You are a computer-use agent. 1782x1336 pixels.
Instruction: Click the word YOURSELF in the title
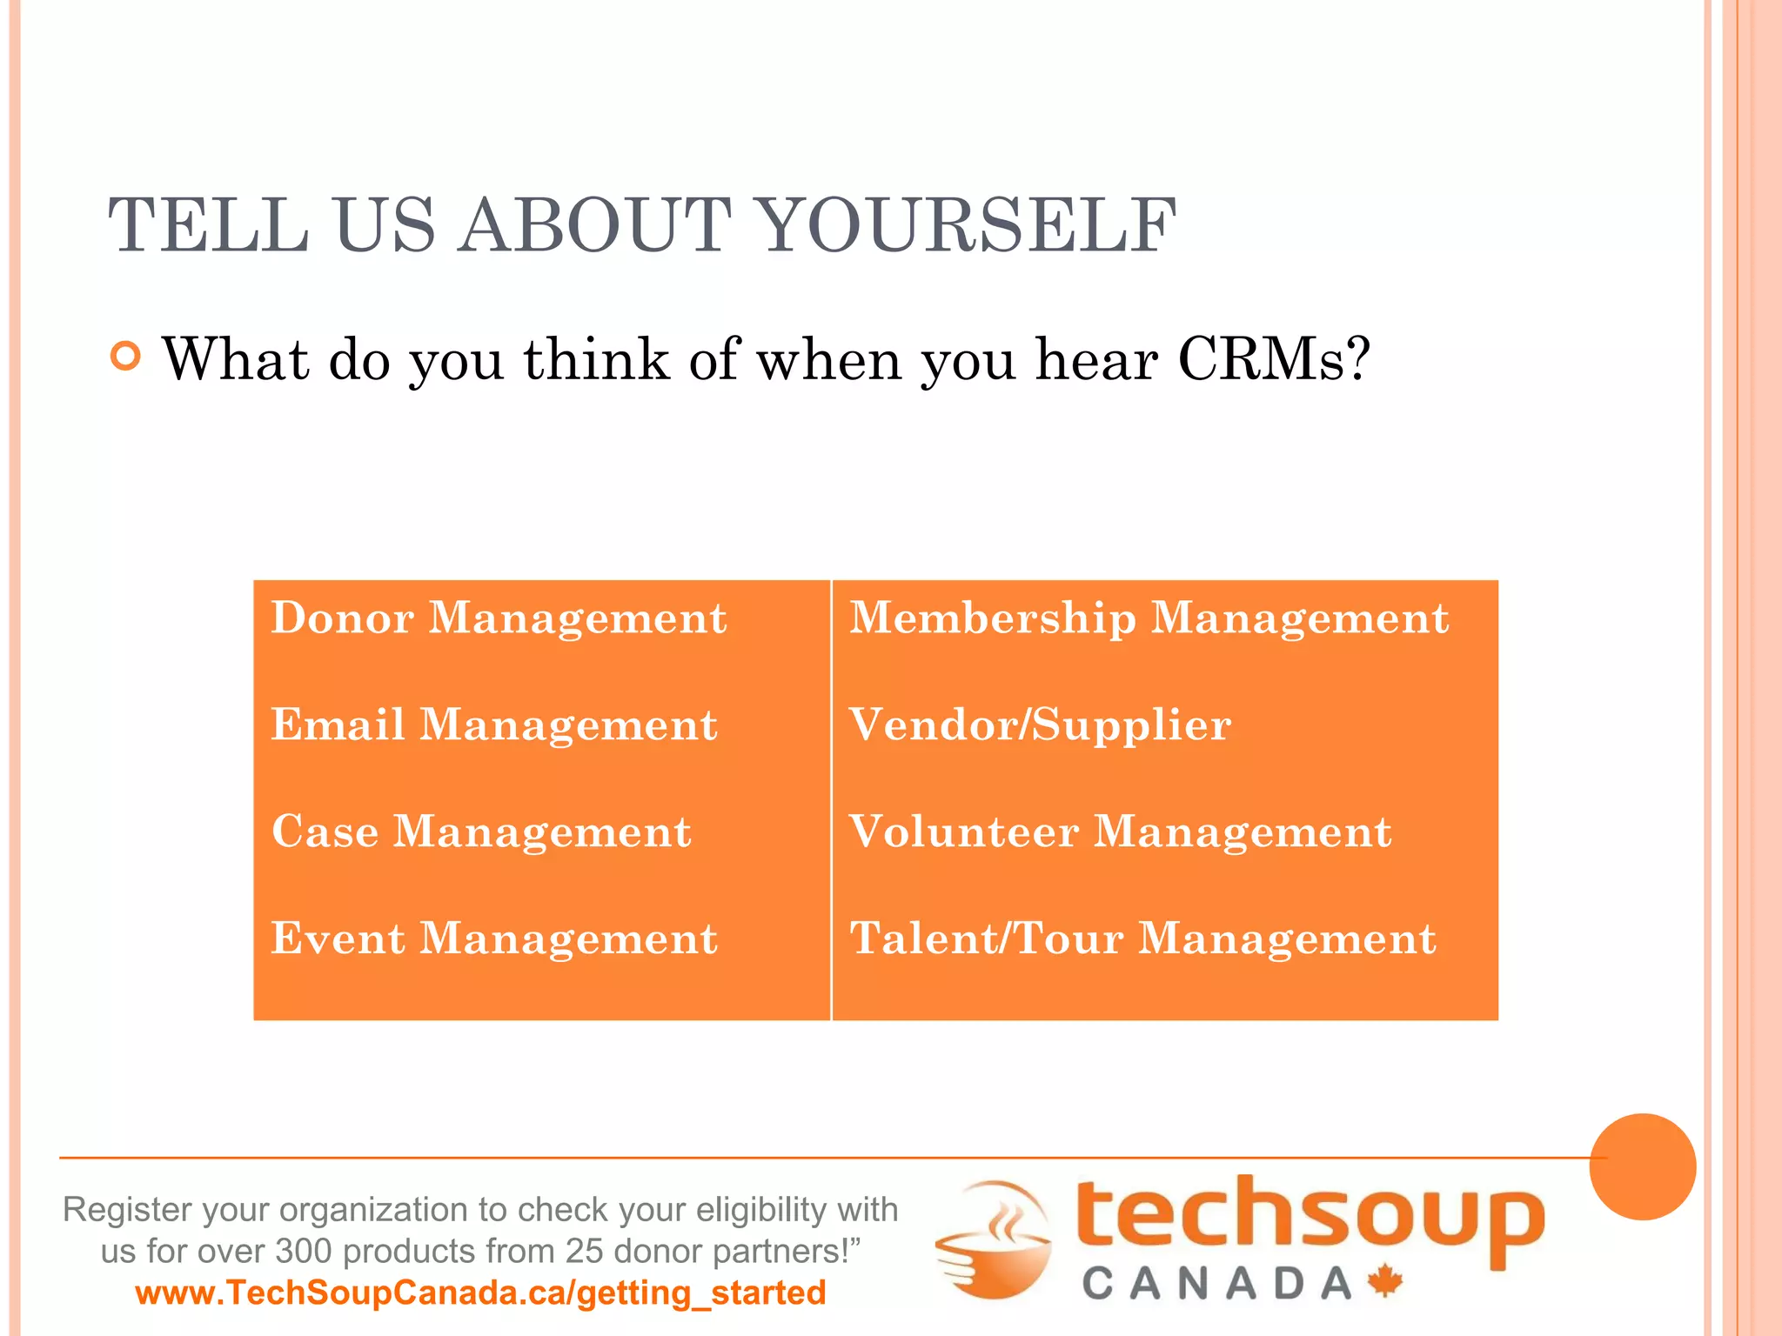pyautogui.click(x=968, y=226)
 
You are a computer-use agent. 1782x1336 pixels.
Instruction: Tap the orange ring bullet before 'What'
pyautogui.click(x=126, y=357)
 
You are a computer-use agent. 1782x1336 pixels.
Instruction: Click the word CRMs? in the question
pyautogui.click(x=1274, y=359)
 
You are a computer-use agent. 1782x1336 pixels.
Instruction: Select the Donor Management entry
pyautogui.click(x=499, y=618)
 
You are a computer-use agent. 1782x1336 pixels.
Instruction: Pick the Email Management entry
pyautogui.click(x=494, y=725)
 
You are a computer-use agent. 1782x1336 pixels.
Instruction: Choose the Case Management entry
pyautogui.click(x=481, y=832)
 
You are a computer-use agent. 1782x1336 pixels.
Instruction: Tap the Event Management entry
pyautogui.click(x=494, y=939)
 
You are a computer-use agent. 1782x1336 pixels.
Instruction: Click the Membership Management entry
pyautogui.click(x=1149, y=618)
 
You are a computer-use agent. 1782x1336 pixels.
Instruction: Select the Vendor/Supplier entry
pyautogui.click(x=1040, y=725)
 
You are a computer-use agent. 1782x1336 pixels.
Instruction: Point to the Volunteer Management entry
pyautogui.click(x=1120, y=832)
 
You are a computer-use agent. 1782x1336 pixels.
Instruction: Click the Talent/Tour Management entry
pyautogui.click(x=1142, y=939)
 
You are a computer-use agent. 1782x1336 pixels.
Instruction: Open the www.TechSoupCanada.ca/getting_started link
pyautogui.click(x=480, y=1293)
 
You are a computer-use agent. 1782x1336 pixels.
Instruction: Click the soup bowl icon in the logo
pyautogui.click(x=994, y=1239)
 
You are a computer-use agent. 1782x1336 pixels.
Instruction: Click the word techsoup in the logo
pyautogui.click(x=1310, y=1218)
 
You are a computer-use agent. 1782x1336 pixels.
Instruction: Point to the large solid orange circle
pyautogui.click(x=1642, y=1166)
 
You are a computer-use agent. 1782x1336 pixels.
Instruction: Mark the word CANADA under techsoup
pyautogui.click(x=1216, y=1284)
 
